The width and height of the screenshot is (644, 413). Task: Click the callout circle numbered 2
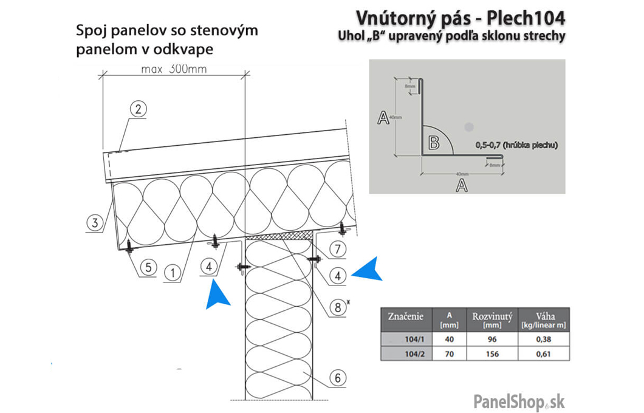click(x=139, y=109)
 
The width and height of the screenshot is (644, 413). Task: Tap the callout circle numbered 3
click(x=93, y=223)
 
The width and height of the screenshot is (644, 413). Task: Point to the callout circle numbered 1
click(x=173, y=273)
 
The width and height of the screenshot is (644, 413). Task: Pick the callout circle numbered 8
click(x=338, y=307)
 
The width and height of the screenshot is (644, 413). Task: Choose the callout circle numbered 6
click(x=338, y=378)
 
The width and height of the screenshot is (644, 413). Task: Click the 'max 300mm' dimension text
click(x=174, y=69)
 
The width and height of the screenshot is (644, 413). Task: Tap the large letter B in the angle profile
click(x=434, y=143)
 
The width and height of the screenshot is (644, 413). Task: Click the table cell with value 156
click(x=493, y=353)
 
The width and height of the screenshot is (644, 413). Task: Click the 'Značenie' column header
click(x=406, y=317)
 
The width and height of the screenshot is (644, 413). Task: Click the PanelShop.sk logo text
click(x=519, y=401)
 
